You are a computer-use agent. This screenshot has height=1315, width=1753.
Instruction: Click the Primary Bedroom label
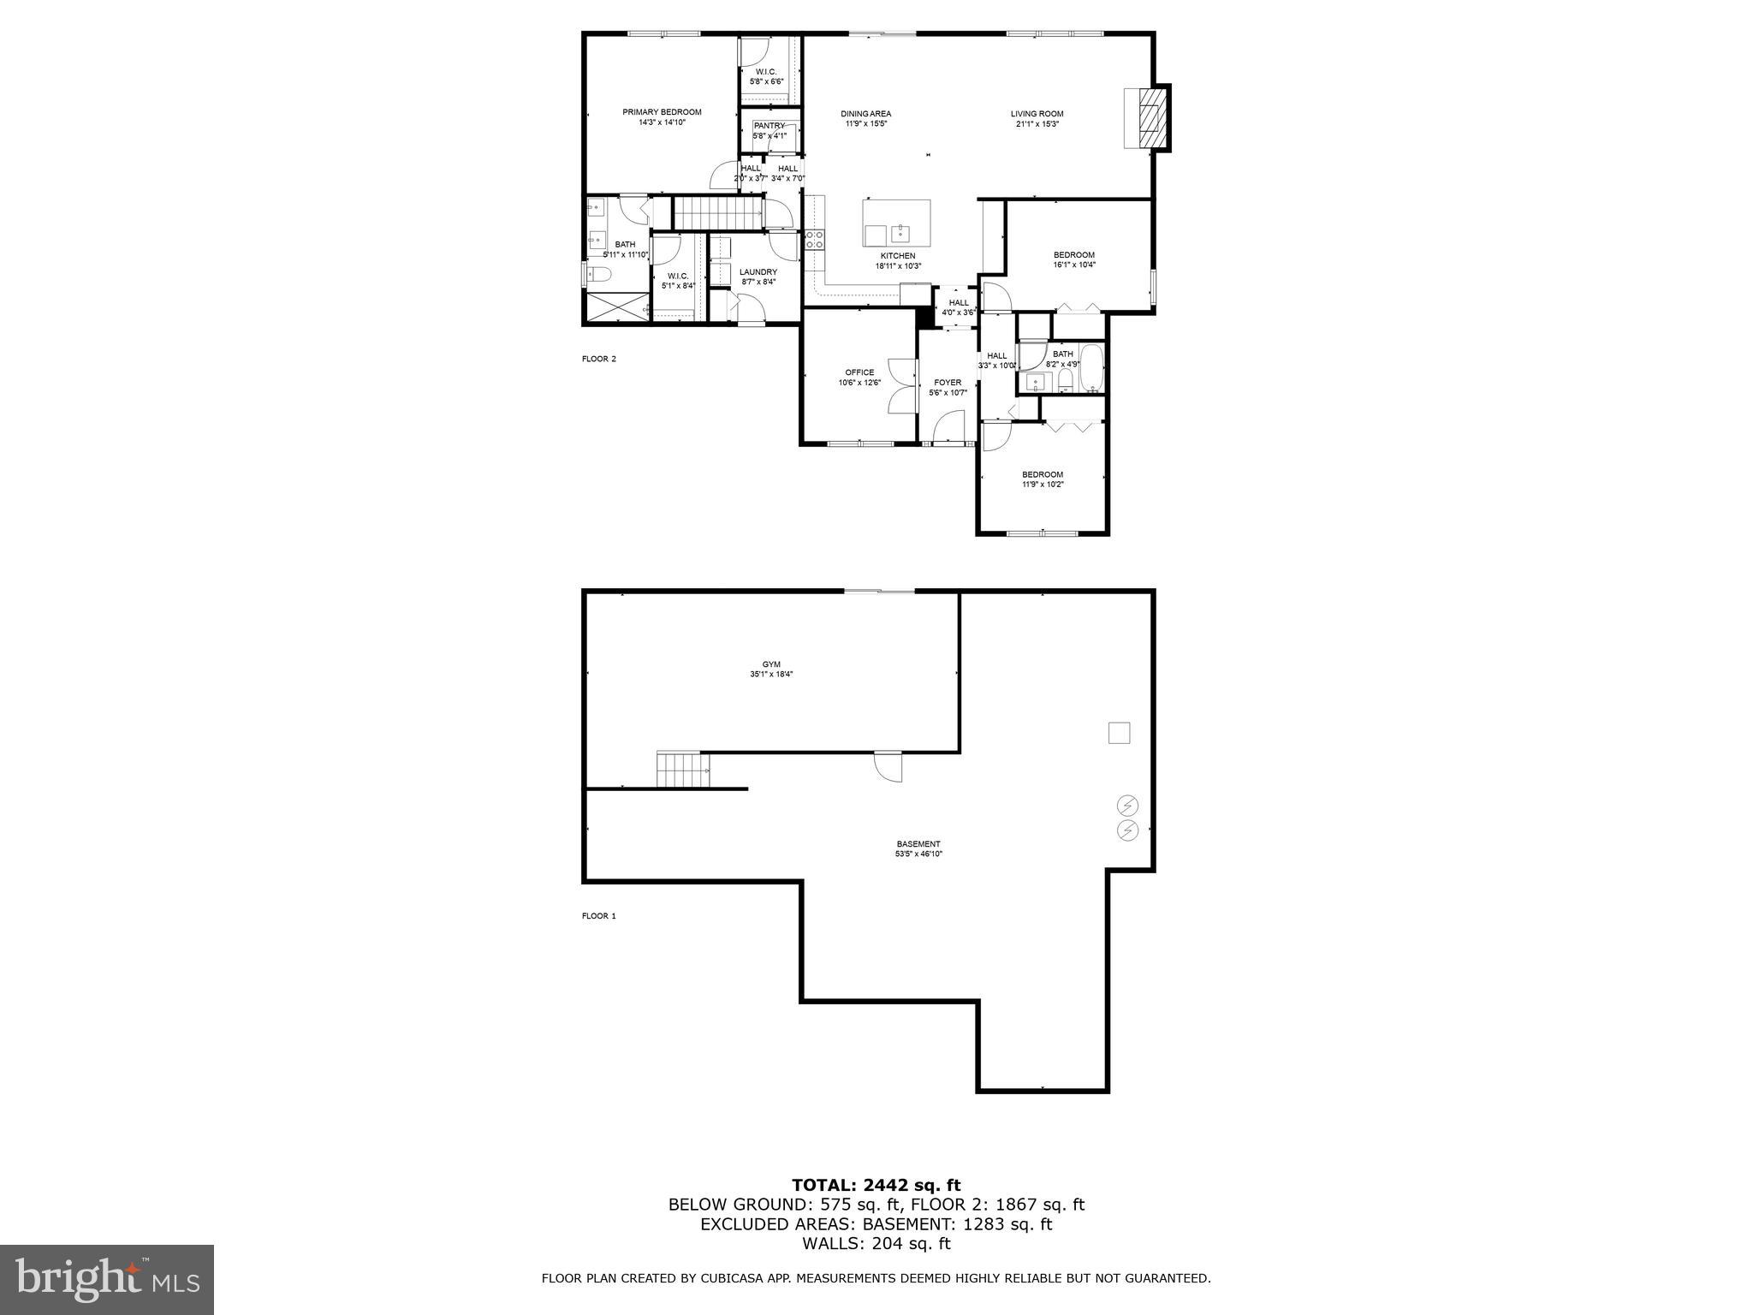click(662, 112)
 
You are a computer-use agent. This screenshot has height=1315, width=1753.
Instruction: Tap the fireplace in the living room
click(1147, 117)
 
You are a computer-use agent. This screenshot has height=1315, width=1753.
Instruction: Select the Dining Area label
click(865, 114)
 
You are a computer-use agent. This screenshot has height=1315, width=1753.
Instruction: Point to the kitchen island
click(896, 223)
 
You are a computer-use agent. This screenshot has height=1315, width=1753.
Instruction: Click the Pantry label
click(769, 126)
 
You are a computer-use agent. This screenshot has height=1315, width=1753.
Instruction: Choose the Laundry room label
click(758, 272)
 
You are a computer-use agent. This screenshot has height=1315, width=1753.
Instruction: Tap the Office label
click(859, 372)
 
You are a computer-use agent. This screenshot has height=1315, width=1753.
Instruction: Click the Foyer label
click(948, 383)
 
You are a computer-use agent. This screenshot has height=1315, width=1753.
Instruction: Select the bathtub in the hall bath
click(1091, 367)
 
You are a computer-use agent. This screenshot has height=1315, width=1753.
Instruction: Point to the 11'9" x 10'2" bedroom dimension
click(1042, 485)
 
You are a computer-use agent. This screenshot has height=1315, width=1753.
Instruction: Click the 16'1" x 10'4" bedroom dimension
click(1073, 265)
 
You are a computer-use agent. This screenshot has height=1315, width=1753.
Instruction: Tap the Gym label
click(771, 664)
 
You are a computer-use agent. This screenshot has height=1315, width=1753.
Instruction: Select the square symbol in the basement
click(1119, 733)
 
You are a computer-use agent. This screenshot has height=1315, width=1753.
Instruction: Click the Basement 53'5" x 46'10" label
click(918, 848)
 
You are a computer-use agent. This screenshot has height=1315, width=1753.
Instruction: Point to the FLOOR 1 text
click(598, 916)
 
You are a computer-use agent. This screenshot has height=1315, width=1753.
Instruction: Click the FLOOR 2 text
click(598, 359)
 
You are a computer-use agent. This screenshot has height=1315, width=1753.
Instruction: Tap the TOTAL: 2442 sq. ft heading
click(876, 1185)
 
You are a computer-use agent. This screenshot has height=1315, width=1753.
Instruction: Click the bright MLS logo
click(107, 1279)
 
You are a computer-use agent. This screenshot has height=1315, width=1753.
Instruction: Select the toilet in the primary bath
click(598, 274)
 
